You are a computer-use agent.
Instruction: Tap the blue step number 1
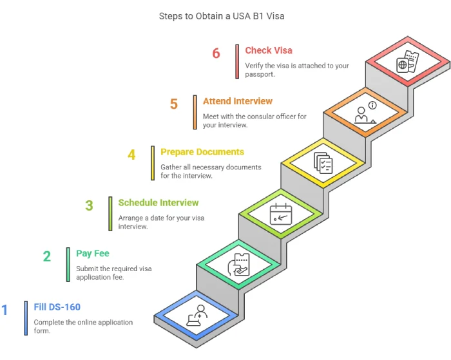[x=5, y=310]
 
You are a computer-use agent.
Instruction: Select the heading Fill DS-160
[x=57, y=307]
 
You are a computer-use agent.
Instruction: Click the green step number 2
[x=47, y=256]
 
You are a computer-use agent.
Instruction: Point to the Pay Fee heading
[x=93, y=254]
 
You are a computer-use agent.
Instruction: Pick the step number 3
[x=90, y=205]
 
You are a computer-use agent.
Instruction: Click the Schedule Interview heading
[x=158, y=203]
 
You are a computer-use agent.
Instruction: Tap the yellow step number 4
[x=131, y=155]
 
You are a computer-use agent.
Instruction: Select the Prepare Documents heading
[x=202, y=152]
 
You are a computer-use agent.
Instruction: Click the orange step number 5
[x=174, y=104]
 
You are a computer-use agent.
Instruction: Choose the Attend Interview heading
[x=238, y=101]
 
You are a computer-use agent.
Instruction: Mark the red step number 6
[x=216, y=53]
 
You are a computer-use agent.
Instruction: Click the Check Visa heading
[x=269, y=50]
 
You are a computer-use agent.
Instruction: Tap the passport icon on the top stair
[x=407, y=62]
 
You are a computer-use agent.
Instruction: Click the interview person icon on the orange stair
[x=364, y=113]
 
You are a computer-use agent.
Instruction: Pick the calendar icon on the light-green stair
[x=280, y=213]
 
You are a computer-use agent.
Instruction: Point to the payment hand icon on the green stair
[x=238, y=265]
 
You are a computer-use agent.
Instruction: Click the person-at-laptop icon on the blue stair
[x=197, y=316]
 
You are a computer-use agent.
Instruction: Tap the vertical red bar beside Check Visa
[x=237, y=60]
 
